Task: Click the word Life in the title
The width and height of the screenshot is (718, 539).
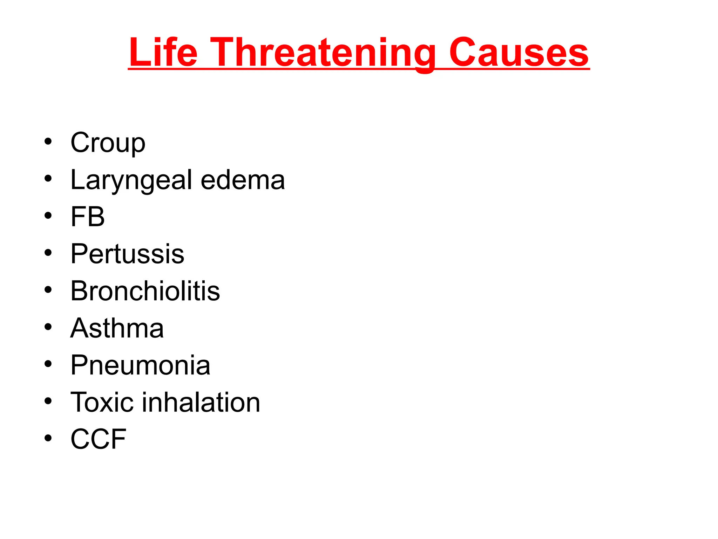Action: [163, 53]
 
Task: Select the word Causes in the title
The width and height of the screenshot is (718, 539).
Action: [519, 53]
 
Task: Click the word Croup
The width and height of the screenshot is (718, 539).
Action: [108, 143]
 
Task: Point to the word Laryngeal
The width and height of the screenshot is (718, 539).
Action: [131, 180]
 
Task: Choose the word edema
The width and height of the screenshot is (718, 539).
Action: [243, 180]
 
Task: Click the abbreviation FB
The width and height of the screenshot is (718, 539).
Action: [88, 217]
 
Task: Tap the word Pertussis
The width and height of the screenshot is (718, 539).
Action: [127, 254]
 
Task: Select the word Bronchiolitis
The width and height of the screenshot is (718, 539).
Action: [145, 291]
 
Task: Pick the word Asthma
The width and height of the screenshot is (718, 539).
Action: [117, 328]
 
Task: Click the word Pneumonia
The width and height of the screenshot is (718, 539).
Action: [140, 365]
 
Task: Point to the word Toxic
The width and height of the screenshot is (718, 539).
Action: [102, 402]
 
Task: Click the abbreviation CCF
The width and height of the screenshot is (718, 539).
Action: [98, 439]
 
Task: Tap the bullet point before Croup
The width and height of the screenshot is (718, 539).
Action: [48, 142]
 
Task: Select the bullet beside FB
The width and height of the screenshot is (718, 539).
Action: [48, 216]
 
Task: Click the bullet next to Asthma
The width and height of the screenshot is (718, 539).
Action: [48, 327]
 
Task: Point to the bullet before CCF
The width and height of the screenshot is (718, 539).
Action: [48, 438]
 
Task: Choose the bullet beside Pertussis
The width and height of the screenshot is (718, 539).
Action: [48, 253]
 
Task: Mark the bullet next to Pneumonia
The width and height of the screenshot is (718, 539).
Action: [48, 364]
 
